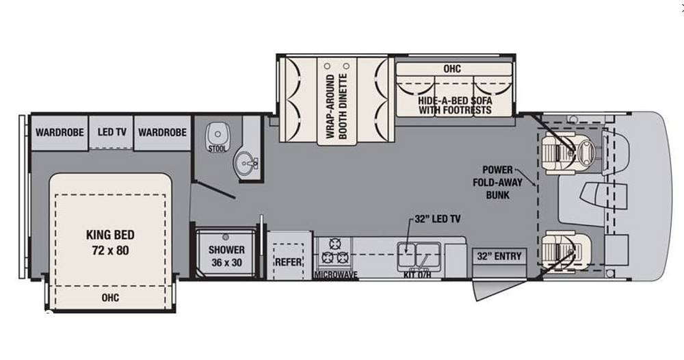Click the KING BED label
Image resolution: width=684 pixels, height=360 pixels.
click(x=110, y=235)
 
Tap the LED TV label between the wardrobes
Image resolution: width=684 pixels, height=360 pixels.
click(x=111, y=132)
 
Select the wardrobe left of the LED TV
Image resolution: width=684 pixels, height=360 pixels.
click(x=60, y=133)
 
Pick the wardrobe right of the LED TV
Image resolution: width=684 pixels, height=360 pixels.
click(x=162, y=133)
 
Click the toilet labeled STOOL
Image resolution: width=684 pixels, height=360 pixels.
click(x=218, y=136)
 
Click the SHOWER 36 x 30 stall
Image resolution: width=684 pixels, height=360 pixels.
click(x=226, y=253)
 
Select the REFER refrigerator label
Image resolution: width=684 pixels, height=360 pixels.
click(x=288, y=262)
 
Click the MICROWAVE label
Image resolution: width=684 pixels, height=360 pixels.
click(x=336, y=275)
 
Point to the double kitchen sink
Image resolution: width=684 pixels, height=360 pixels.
click(x=419, y=255)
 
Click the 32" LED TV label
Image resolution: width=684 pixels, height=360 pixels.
click(x=438, y=219)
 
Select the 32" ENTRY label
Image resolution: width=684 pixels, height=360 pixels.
click(x=499, y=256)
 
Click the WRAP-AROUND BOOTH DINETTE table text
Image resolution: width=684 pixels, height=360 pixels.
click(x=337, y=107)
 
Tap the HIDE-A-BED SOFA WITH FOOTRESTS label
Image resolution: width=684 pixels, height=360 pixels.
click(x=455, y=105)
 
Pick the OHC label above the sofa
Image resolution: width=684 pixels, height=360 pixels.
click(x=452, y=69)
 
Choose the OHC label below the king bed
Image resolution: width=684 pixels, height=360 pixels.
click(x=110, y=298)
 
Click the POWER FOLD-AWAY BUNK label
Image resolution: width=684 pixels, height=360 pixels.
click(x=498, y=182)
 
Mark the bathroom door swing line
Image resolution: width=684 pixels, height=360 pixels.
click(x=215, y=190)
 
